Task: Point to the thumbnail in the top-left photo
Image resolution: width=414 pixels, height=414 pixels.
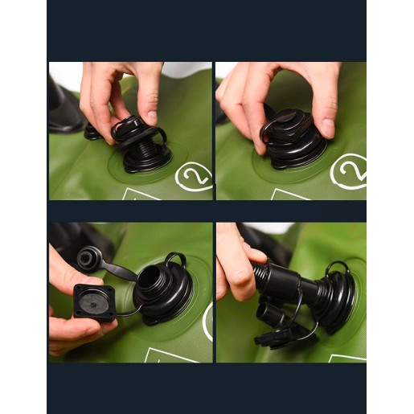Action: (x=152, y=117)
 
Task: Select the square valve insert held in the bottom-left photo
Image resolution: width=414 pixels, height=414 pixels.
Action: (x=94, y=303)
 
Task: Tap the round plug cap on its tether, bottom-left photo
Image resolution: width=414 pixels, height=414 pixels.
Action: (x=88, y=258)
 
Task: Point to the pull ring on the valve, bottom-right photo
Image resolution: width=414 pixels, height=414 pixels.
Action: (x=338, y=268)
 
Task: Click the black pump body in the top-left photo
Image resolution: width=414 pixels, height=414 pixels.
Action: (x=64, y=107)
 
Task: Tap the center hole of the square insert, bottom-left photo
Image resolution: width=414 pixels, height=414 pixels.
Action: (x=93, y=305)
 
